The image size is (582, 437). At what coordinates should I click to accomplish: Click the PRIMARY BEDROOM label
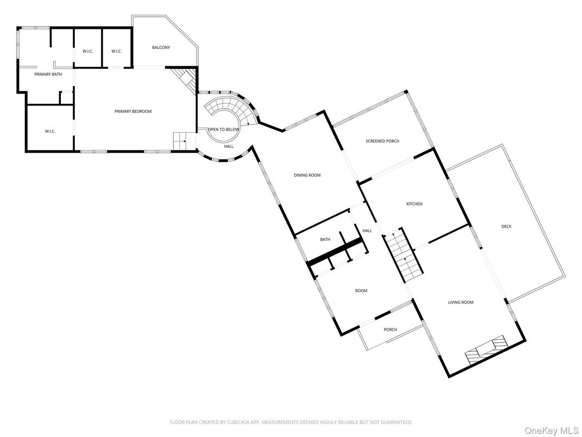point(133,111)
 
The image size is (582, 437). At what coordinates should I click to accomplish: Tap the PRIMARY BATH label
point(48,74)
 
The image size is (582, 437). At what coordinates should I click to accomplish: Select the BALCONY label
point(161,48)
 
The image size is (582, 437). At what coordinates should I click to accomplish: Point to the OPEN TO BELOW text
point(223,129)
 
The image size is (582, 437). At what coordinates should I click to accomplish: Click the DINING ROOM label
point(307,175)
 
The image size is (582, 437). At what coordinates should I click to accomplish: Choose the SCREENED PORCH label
point(382,141)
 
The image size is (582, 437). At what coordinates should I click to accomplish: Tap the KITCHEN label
point(414,204)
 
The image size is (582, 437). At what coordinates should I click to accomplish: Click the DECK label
point(506,227)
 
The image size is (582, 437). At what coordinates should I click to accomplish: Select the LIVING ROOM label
point(460,302)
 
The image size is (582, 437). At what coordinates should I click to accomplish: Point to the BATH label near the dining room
point(325,239)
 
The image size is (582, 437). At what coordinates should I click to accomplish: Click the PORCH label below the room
point(390,329)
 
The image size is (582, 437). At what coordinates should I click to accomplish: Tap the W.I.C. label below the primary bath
point(50,131)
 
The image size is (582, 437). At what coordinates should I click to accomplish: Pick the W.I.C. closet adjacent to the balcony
point(117,51)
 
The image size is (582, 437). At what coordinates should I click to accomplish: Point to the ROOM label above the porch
point(361,291)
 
